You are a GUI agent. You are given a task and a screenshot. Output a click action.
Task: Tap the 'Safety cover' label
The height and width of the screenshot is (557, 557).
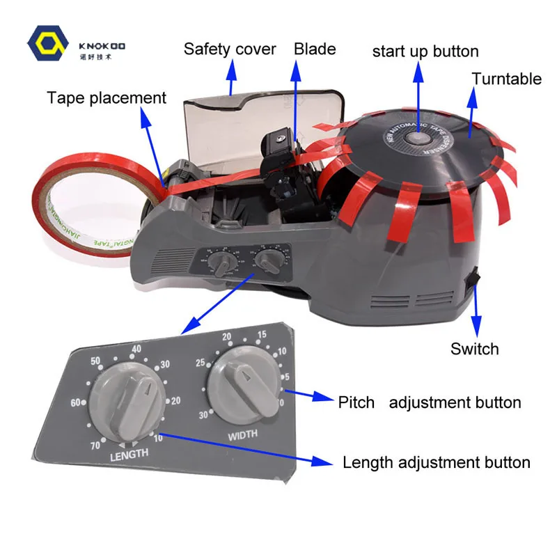pos(230,49)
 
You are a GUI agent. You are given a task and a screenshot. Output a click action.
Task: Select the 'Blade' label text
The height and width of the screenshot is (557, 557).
pos(315,49)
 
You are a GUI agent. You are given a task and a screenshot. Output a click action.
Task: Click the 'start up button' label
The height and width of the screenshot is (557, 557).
pos(425,52)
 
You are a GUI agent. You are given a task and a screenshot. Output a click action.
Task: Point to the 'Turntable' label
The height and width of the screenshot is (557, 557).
pos(507,79)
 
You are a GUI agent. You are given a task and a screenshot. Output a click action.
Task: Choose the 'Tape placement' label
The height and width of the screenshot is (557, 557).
pos(107,97)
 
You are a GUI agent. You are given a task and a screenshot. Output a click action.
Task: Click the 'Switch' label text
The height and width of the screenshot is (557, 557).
pos(475,349)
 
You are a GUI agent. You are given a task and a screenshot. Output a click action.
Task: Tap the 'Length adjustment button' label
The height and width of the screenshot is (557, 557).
pos(437,462)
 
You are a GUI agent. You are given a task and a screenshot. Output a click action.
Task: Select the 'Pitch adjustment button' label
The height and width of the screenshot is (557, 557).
pos(430,402)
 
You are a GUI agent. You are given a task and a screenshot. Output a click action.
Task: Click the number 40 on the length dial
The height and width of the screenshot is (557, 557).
pos(136,349)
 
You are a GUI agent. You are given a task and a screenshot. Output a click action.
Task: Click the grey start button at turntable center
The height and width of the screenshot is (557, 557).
pos(418,137)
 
